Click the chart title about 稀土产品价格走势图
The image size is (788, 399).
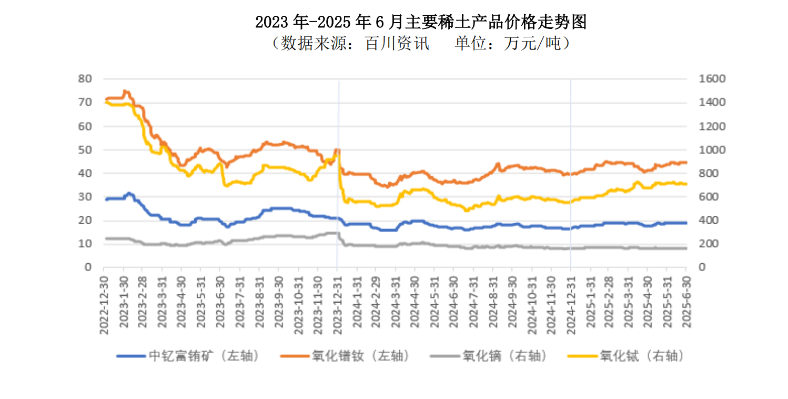(420, 22)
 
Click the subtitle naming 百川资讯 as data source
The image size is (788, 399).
(420, 44)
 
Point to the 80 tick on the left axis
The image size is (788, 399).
(86, 79)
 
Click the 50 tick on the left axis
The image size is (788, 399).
(86, 149)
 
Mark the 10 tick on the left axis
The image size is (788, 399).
(86, 244)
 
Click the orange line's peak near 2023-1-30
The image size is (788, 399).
(125, 91)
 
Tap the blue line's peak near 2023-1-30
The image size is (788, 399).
(128, 193)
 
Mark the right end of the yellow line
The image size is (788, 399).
(686, 184)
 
